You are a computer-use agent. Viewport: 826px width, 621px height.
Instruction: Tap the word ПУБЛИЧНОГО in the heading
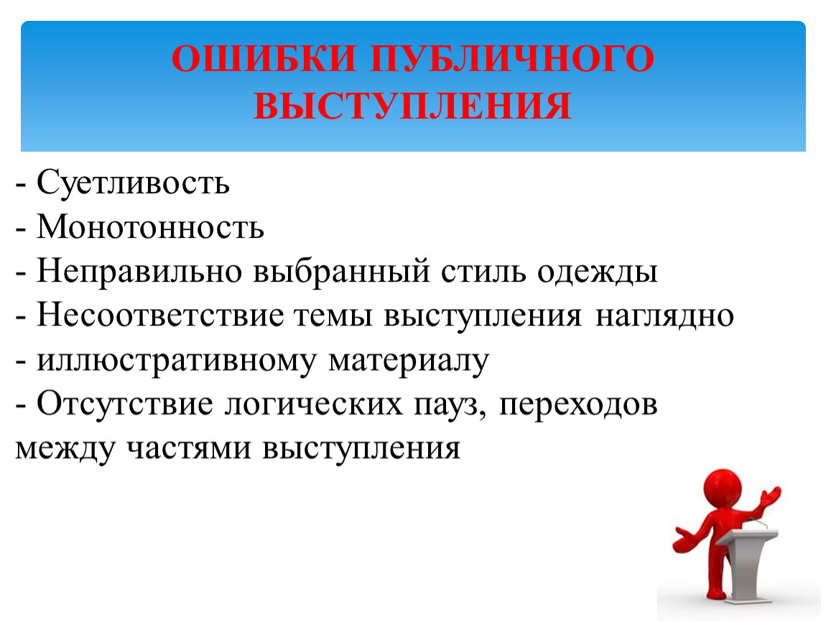coord(511,58)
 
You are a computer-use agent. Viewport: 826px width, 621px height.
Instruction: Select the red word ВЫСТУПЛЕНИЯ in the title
coord(412,106)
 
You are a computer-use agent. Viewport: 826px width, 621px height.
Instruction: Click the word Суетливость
coord(134,183)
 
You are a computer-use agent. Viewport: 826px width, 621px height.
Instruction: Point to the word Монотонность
coord(150,227)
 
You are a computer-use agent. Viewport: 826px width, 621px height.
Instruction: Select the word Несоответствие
coord(160,316)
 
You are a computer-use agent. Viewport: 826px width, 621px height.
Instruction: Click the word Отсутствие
coord(125,405)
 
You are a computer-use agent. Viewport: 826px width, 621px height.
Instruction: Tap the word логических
coord(313,405)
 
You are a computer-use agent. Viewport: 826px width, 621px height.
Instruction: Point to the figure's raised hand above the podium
coord(770,495)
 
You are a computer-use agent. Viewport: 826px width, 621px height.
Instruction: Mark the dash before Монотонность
coord(21,229)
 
